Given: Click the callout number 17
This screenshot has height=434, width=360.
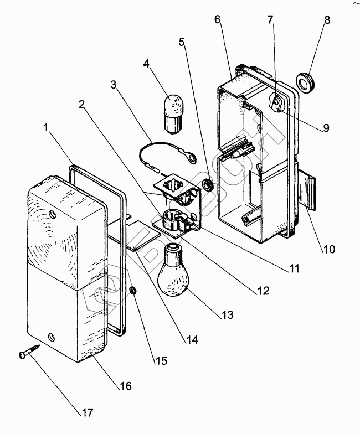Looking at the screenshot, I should [88, 413].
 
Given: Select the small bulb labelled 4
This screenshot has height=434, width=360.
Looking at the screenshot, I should [175, 113].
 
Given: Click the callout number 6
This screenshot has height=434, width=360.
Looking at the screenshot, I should [218, 19].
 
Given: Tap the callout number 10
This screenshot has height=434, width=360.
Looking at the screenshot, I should [329, 249].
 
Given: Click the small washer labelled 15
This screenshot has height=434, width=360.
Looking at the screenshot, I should [133, 291].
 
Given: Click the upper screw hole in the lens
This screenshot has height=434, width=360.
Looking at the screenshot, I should [53, 213].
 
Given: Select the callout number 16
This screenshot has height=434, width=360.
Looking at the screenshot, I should [126, 386].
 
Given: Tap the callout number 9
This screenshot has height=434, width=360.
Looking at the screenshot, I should [326, 128].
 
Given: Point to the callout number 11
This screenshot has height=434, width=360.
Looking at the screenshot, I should [294, 270].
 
